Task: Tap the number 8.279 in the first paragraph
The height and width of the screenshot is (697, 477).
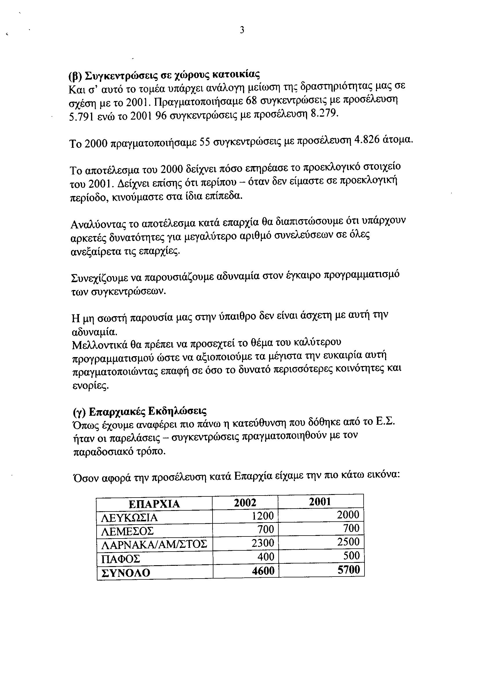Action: (324, 114)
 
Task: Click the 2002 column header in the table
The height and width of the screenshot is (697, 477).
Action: (245, 503)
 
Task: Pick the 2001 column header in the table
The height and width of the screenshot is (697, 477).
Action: (320, 502)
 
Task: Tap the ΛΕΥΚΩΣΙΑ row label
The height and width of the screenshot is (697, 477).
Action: (129, 518)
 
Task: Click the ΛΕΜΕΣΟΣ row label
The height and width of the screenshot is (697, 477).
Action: (127, 532)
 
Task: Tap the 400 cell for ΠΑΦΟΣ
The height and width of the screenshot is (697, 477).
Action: (266, 557)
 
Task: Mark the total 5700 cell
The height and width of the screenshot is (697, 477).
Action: (349, 570)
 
